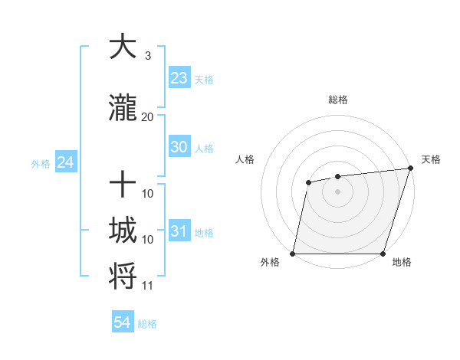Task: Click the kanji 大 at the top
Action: [123, 47]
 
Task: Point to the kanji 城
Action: [123, 231]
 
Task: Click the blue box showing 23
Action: [179, 78]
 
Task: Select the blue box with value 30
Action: [179, 148]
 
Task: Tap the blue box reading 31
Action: [179, 231]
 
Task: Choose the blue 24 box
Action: [65, 162]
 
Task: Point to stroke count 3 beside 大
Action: [147, 56]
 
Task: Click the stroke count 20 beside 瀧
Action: [147, 116]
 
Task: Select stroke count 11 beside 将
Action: [147, 286]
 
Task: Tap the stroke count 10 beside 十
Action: [148, 193]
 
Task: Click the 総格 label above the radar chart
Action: [337, 100]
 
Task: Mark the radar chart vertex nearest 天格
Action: [410, 169]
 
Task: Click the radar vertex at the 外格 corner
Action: [293, 254]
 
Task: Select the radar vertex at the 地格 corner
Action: [383, 254]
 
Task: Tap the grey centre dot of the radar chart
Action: [337, 191]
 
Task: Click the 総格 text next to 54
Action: [147, 324]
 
